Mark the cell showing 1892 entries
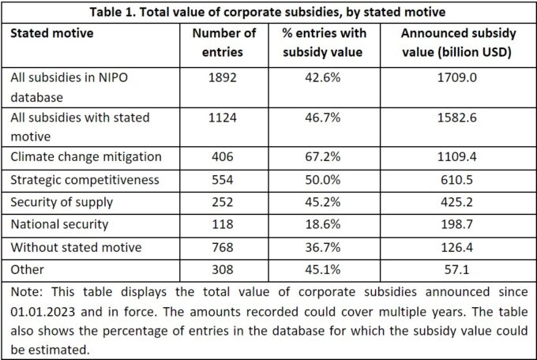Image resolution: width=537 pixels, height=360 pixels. click(223, 77)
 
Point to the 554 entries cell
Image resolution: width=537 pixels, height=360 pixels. click(223, 180)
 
